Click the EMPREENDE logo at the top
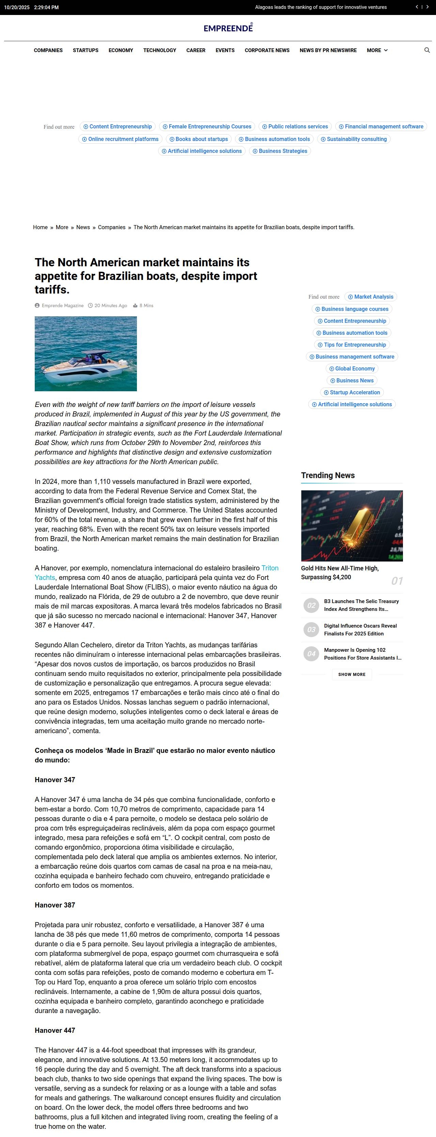click(228, 28)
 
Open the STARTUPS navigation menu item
click(85, 50)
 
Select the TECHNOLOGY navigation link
click(159, 50)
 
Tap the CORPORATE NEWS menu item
click(267, 50)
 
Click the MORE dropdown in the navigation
click(377, 50)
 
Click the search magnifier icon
click(427, 50)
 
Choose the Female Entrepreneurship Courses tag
click(206, 127)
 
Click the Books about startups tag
click(199, 139)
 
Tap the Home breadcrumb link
click(40, 227)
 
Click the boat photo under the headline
click(85, 353)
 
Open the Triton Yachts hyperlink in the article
click(270, 568)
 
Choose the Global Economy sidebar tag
click(352, 368)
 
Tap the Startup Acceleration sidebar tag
click(352, 392)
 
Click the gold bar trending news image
click(352, 526)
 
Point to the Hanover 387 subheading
click(55, 905)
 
